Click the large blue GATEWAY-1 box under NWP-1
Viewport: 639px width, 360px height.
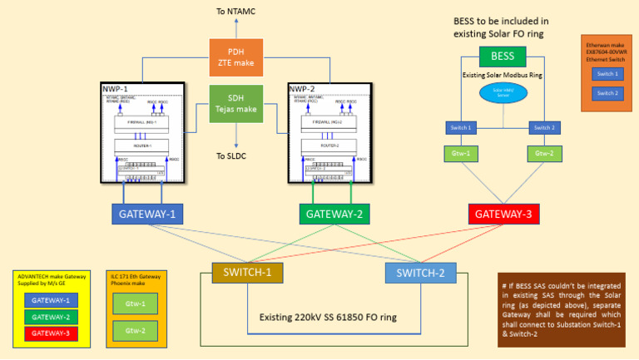pos(148,214)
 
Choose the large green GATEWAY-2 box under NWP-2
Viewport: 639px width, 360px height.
pos(334,214)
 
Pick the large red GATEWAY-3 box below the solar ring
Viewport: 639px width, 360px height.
pos(504,214)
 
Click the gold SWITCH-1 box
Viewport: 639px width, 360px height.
pos(248,272)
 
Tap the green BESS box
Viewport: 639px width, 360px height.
pos(503,57)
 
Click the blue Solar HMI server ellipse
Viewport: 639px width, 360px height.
pos(503,93)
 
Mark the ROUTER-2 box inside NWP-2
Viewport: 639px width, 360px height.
pos(326,144)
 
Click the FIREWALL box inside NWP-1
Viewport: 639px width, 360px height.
pos(142,121)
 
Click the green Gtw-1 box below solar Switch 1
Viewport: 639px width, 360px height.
pos(459,154)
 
